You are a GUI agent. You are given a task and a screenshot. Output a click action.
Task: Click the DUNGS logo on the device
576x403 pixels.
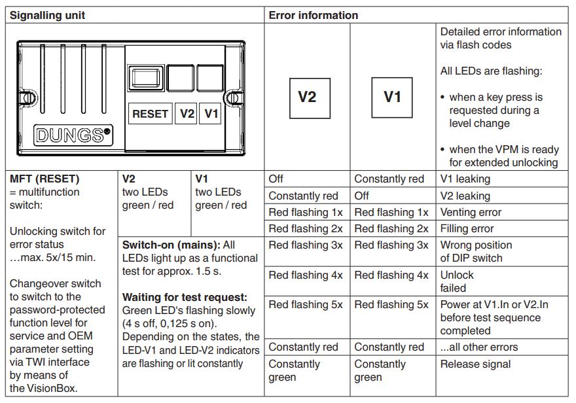click(73, 135)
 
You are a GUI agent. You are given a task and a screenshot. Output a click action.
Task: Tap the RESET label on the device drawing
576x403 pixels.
click(151, 114)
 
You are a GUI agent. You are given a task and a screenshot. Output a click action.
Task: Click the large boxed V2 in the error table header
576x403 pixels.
click(310, 98)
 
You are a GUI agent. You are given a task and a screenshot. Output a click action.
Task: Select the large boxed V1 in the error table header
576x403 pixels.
click(392, 97)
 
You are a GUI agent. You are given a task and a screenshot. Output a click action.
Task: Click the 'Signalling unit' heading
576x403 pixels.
click(47, 16)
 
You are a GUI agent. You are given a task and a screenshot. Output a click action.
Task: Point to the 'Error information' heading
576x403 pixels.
click(314, 16)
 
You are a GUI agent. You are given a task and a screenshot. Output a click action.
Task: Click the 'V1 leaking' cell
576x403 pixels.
click(465, 179)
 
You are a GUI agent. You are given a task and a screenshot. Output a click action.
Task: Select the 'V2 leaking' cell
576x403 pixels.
click(465, 196)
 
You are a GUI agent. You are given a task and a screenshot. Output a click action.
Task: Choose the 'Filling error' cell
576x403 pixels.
click(467, 229)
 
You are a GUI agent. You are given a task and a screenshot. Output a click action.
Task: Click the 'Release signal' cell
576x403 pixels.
click(475, 364)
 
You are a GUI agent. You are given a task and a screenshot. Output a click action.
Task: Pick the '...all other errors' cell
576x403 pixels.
click(479, 347)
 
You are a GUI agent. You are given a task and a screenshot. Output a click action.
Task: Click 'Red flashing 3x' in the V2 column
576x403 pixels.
click(306, 245)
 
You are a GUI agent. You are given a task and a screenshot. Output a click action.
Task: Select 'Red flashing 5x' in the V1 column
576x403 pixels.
click(391, 305)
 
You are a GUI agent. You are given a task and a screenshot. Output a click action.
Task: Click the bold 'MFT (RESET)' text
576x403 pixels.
click(45, 179)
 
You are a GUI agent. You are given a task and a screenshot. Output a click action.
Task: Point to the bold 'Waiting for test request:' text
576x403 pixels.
click(185, 297)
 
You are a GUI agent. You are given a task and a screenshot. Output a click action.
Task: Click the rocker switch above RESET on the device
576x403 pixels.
click(146, 78)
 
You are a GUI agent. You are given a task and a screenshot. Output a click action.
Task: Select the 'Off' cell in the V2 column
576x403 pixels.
click(276, 179)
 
